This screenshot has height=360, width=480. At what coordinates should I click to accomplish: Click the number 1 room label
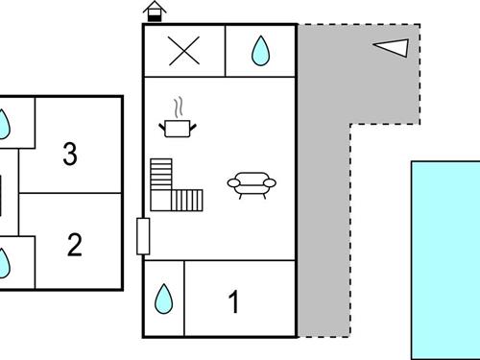234,301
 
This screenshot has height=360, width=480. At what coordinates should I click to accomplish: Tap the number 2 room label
75,245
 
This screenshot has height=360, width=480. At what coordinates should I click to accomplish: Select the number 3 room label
70,154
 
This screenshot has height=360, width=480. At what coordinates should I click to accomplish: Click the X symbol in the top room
184,51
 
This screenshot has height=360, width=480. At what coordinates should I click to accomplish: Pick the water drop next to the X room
260,51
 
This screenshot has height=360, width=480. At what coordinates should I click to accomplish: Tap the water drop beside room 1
163,299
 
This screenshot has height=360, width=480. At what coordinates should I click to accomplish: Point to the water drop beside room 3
3,125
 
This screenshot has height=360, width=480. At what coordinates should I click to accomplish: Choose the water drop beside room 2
3,263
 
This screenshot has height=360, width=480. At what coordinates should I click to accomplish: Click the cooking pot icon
178,128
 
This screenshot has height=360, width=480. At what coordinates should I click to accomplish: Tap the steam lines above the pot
179,108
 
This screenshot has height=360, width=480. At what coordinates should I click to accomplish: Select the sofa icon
252,185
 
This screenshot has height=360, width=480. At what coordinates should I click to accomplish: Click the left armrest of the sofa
233,183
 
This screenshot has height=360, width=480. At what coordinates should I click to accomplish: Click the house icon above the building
155,12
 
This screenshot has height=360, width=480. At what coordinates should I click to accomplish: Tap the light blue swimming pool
445,260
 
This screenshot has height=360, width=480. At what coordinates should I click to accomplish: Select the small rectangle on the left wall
143,236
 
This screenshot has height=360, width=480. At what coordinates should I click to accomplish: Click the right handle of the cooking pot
193,127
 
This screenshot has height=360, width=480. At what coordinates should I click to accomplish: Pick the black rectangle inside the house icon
155,18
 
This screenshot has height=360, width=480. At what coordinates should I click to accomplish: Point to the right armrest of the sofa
270,183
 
